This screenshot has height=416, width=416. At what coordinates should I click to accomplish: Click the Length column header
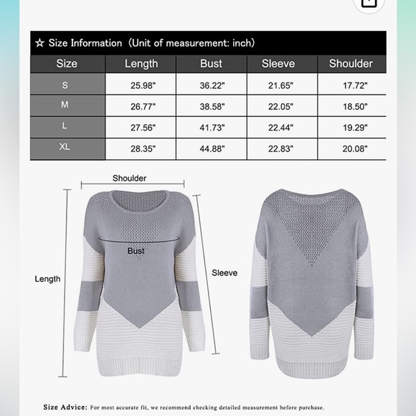pyautogui.click(x=141, y=64)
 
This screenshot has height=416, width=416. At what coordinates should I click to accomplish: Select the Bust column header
pyautogui.click(x=211, y=64)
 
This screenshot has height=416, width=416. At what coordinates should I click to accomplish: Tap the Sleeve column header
pyautogui.click(x=278, y=64)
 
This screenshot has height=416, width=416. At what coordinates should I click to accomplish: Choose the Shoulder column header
pyautogui.click(x=351, y=64)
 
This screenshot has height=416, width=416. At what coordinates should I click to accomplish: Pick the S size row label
pyautogui.click(x=67, y=85)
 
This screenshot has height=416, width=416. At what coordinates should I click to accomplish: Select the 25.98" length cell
pyautogui.click(x=141, y=85)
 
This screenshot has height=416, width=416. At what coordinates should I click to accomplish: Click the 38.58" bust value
pyautogui.click(x=211, y=106)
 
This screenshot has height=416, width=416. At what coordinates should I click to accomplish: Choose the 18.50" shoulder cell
pyautogui.click(x=351, y=106)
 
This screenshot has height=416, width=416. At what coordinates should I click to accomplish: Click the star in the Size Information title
pyautogui.click(x=39, y=43)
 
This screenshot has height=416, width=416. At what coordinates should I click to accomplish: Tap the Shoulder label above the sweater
pyautogui.click(x=130, y=178)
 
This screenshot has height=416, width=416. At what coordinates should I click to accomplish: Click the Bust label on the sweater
pyautogui.click(x=136, y=251)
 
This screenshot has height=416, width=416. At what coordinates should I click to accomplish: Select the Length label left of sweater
pyautogui.click(x=47, y=279)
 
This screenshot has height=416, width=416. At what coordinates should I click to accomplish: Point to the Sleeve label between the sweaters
pyautogui.click(x=224, y=273)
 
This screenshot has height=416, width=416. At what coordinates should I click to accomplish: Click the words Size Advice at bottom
pyautogui.click(x=65, y=407)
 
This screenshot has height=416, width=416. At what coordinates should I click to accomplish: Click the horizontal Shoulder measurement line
pyautogui.click(x=133, y=186)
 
